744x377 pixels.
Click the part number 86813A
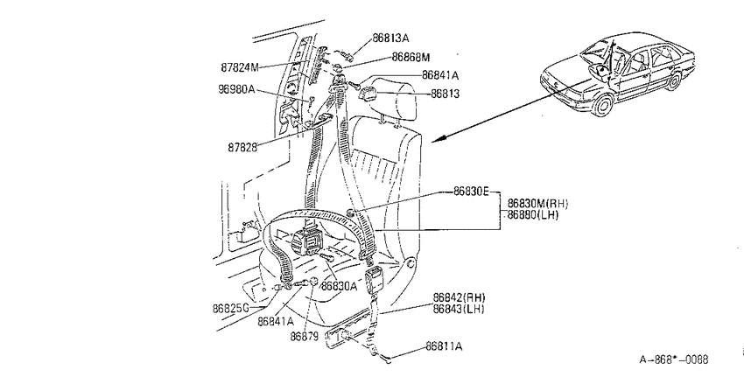390,38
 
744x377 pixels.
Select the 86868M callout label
411,58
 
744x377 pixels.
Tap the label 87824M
240,67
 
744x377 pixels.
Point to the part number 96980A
236,88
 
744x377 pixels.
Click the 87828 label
242,147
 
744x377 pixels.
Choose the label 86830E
471,191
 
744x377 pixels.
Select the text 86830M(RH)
537,204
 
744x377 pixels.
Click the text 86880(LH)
533,215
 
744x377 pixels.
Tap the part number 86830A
339,286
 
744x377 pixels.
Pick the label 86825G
230,309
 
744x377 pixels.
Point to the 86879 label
305,336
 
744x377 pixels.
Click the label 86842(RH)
460,297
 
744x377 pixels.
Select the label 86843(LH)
459,309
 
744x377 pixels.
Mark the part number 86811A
444,346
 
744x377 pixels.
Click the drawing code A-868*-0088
674,360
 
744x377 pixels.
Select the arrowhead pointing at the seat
439,138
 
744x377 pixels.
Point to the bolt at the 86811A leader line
387,360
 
